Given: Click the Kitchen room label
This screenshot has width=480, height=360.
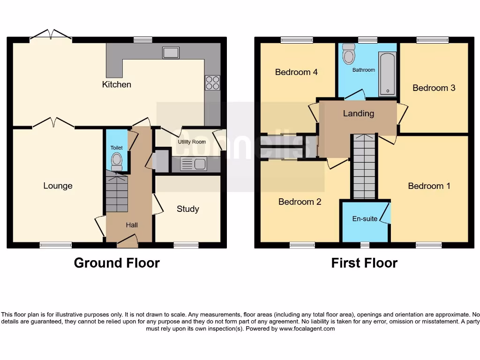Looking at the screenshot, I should (117, 84).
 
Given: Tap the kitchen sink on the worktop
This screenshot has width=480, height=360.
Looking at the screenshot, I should (171, 52).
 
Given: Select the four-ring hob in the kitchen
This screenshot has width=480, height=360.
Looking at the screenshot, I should (212, 83).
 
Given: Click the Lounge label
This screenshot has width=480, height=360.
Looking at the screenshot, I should (58, 186).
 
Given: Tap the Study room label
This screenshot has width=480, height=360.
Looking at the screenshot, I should (187, 209).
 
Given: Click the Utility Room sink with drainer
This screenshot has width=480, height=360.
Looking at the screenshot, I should (193, 164).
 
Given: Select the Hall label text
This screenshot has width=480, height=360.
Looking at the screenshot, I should (132, 225).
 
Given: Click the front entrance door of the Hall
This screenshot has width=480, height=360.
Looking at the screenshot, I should (127, 241).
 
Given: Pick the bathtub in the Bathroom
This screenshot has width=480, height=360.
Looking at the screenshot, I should (387, 74).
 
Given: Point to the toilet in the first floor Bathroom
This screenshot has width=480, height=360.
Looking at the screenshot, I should (349, 55).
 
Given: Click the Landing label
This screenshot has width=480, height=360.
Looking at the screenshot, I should (359, 113).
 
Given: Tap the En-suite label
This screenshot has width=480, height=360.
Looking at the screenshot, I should (365, 218).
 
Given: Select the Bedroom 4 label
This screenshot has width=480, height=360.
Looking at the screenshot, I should (296, 72).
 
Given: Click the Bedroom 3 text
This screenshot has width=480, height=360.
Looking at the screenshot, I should (434, 88).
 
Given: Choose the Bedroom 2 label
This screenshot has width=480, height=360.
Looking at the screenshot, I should (300, 202).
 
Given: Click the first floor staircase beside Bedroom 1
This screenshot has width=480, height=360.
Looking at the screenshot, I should (364, 166).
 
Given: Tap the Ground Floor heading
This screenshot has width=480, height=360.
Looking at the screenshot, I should (117, 263).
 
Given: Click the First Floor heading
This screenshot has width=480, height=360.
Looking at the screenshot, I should (364, 263).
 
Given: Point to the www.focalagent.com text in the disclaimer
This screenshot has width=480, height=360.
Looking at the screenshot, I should (307, 329).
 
